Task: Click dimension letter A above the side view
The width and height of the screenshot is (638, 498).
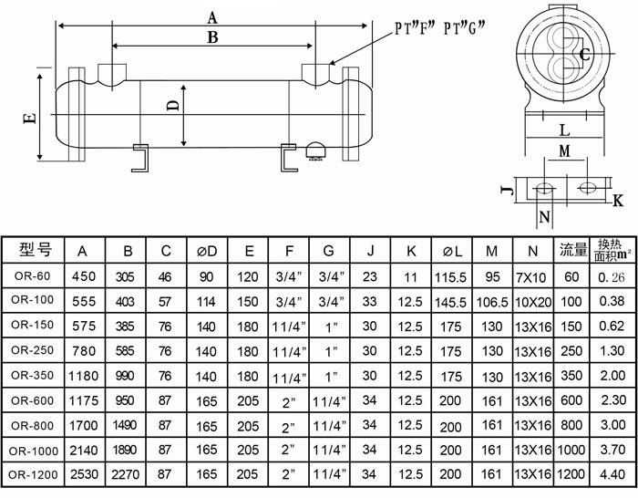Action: [212, 16]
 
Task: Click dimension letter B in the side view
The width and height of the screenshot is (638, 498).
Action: [212, 37]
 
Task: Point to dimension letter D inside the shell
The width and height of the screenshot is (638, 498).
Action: [172, 107]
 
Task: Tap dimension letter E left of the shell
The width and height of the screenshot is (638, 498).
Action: [29, 118]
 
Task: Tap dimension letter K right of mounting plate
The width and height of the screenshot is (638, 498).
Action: [617, 200]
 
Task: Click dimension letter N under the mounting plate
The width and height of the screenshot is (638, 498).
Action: [544, 216]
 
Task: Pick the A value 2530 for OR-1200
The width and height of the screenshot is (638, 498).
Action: [83, 474]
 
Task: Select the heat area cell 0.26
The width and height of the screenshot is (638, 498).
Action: [611, 276]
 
